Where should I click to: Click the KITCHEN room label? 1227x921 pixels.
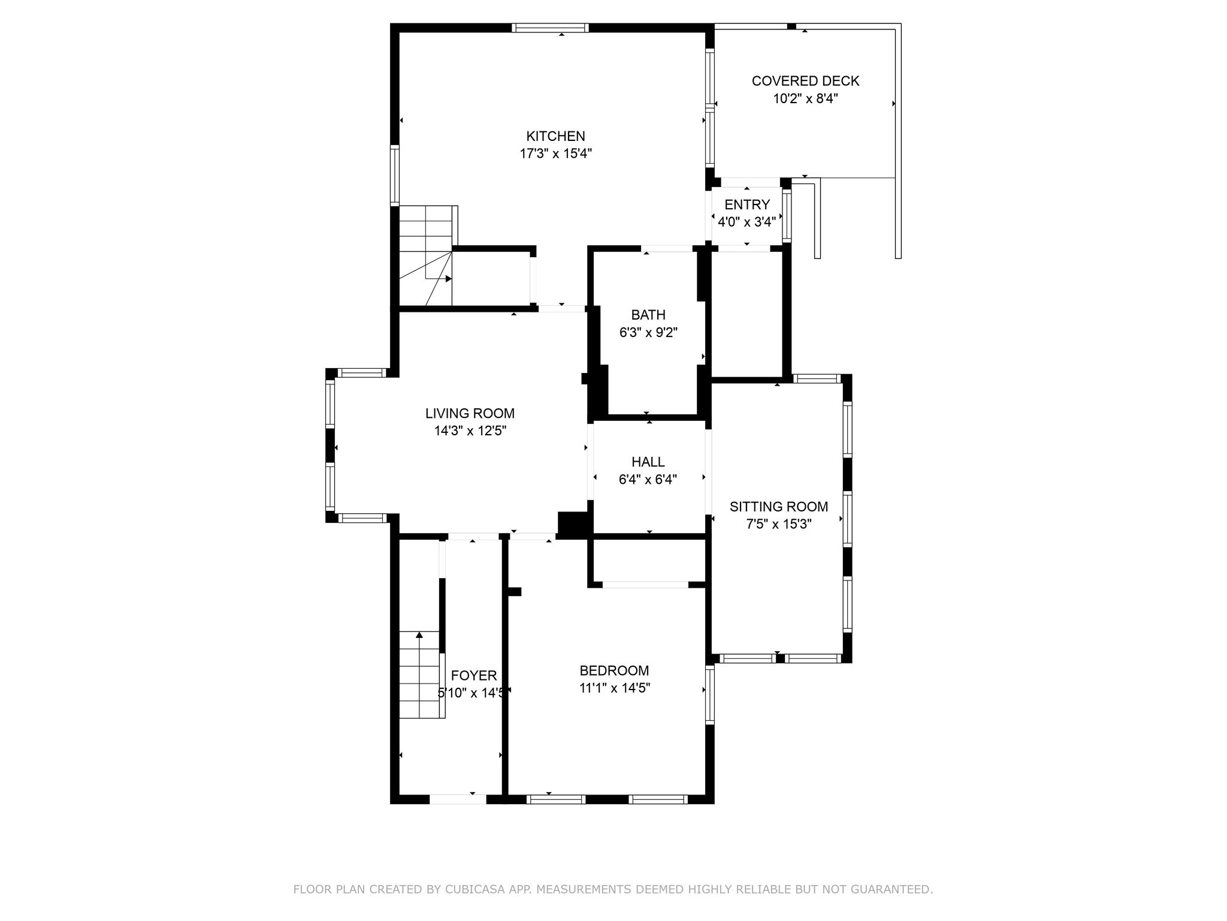555,136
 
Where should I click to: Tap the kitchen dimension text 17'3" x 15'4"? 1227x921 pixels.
555,153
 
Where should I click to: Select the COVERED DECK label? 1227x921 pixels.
805,81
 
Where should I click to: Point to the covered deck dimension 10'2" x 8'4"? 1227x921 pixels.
805,98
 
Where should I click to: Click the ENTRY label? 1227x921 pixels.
747,205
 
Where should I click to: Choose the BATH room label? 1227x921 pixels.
648,315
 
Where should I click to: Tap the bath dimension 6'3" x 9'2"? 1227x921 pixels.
648,332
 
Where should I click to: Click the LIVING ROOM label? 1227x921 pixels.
470,413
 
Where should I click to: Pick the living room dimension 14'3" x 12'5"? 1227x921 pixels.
470,431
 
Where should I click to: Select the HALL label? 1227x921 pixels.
648,462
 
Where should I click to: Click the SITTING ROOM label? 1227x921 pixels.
779,507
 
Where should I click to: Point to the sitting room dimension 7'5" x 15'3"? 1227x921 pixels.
779,524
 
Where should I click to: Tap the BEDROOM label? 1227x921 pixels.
614,670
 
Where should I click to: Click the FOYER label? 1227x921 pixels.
474,676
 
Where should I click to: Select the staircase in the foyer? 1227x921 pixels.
422,675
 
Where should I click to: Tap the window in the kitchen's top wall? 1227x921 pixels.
550,28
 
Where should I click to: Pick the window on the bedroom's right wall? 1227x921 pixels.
709,695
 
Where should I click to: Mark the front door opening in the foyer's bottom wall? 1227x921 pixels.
458,799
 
